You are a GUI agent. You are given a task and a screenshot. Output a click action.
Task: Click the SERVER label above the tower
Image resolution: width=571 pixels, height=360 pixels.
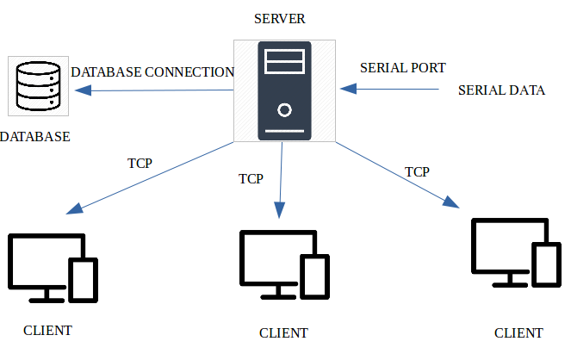pos(281,19)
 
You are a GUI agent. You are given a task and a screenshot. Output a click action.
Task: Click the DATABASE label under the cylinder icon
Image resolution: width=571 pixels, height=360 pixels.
pos(35,137)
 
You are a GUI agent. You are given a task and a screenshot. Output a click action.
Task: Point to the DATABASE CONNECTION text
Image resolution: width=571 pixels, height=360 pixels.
pos(152,71)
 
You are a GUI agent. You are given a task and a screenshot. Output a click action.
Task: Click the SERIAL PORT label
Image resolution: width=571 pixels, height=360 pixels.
pos(402,67)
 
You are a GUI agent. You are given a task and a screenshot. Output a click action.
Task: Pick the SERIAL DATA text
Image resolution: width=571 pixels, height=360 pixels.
pos(501,89)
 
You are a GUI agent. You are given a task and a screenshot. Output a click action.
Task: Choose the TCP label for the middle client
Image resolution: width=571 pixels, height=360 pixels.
pos(251,179)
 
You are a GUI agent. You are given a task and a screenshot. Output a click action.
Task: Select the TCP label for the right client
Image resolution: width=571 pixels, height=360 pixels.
pos(417,171)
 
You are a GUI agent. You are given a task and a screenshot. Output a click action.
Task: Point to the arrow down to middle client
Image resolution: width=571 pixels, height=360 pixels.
pos(280,181)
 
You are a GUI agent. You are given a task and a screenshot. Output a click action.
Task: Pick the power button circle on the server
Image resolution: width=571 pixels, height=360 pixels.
pos(284,110)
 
